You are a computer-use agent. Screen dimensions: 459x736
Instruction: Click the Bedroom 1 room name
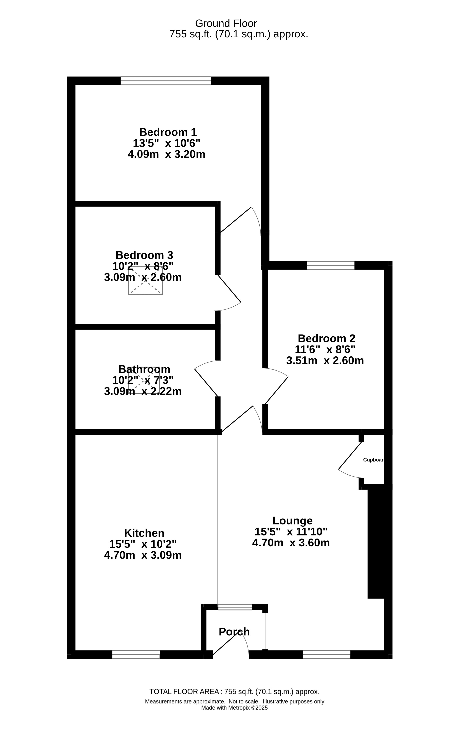pos(168,132)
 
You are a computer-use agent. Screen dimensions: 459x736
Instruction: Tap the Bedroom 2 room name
pos(326,338)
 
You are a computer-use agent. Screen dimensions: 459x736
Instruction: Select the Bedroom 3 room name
pos(144,255)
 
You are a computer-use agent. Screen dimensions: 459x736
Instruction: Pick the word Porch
pos(234,632)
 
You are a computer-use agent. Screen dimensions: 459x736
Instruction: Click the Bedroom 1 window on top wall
pos(166,81)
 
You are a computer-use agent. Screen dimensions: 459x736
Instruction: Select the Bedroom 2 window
pos(331,265)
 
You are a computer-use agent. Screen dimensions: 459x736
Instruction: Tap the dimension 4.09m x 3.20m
pos(166,154)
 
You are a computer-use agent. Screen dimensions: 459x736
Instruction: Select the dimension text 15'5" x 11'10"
pos(291,531)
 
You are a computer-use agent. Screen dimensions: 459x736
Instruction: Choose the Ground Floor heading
pos(226,23)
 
